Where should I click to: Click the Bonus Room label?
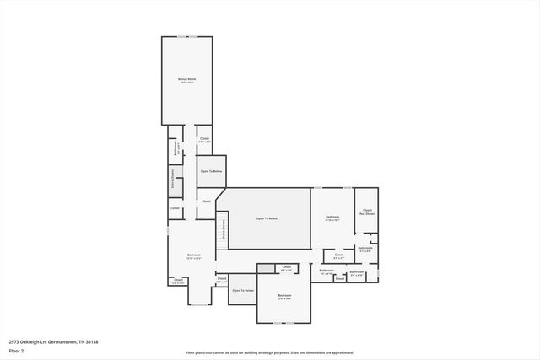click(x=186, y=81)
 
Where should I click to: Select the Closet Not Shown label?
click(x=367, y=212)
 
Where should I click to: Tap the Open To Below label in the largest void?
click(x=267, y=218)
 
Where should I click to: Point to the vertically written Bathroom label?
click(x=175, y=148)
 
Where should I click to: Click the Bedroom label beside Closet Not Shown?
click(x=332, y=218)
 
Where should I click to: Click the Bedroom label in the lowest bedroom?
click(x=285, y=296)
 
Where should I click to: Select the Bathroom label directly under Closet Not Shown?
click(x=364, y=250)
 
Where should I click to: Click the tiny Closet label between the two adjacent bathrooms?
click(x=339, y=278)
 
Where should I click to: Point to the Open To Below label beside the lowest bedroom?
click(x=243, y=290)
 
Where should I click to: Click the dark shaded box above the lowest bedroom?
click(x=267, y=268)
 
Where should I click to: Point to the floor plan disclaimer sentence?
click(x=270, y=352)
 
